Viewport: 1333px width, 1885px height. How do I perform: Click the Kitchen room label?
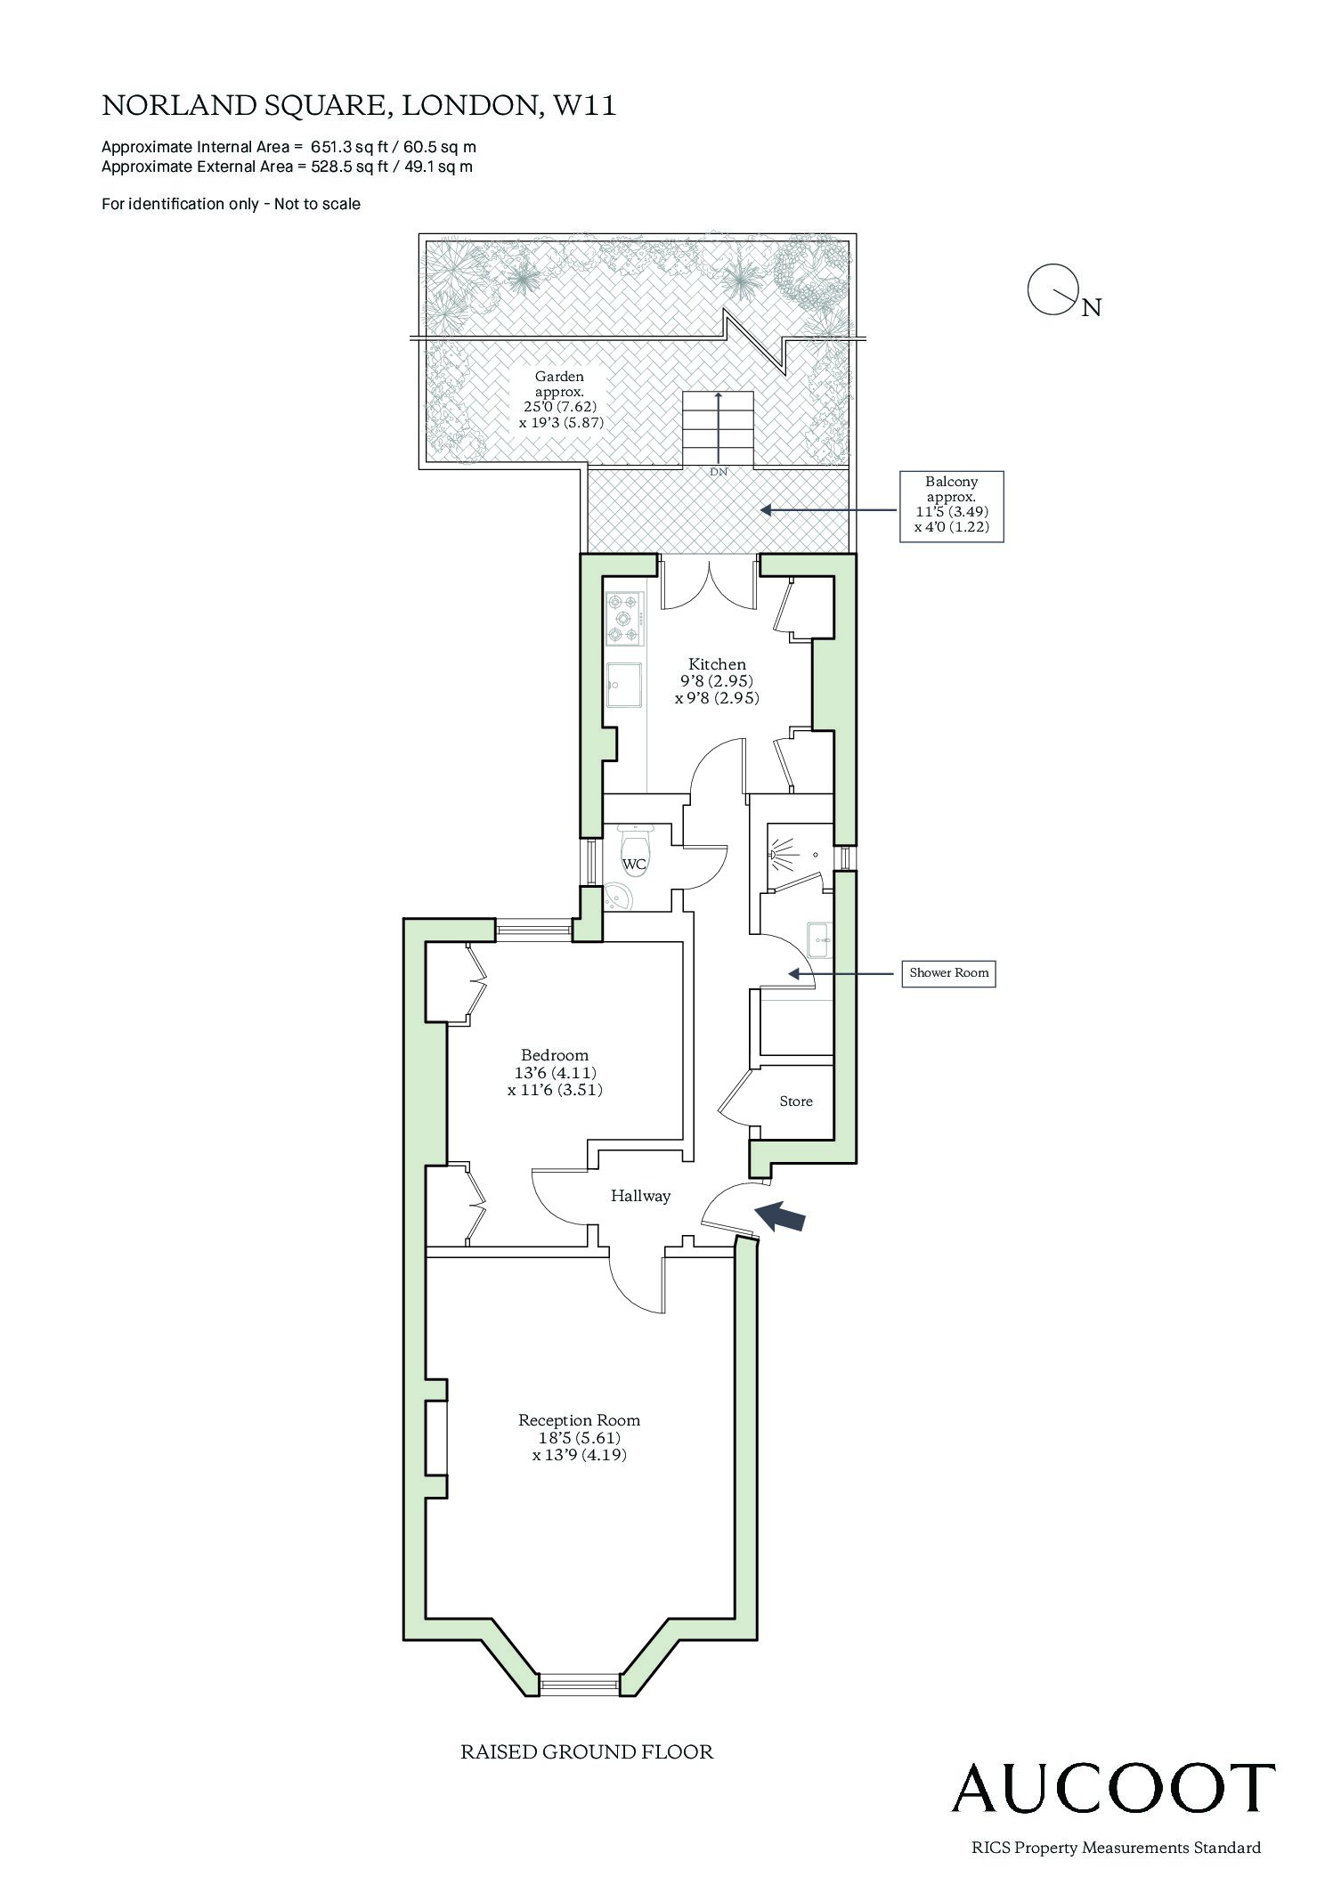pos(718,663)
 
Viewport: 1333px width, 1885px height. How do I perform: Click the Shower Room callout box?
pos(948,972)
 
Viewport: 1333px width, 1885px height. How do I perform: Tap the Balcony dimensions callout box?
pos(951,507)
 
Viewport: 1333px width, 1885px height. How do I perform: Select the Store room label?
pos(796,1101)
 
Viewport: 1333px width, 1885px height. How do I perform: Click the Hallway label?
pos(640,1196)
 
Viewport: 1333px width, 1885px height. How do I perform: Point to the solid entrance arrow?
pos(780,1216)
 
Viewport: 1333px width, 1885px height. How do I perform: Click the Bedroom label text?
pos(555,1055)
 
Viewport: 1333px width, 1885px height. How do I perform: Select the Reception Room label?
pos(580,1420)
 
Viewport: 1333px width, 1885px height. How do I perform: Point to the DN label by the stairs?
pos(719,472)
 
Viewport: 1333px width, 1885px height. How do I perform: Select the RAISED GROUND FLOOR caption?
pos(587,1752)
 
